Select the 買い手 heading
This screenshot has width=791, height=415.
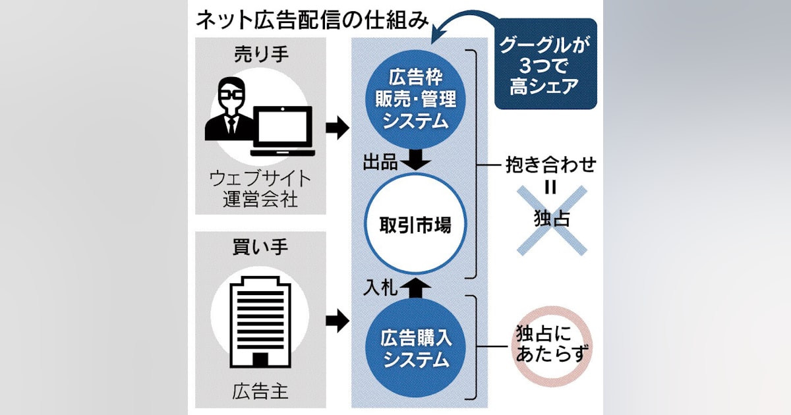coord(262,248)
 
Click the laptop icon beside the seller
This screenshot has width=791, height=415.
coord(283,130)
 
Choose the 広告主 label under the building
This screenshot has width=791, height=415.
coord(261,391)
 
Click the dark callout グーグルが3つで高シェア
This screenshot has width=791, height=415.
coord(545,67)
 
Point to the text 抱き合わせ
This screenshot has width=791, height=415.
coord(551,164)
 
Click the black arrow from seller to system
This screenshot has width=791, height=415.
coord(337,128)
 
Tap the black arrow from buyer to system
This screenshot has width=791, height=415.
coord(337,322)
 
